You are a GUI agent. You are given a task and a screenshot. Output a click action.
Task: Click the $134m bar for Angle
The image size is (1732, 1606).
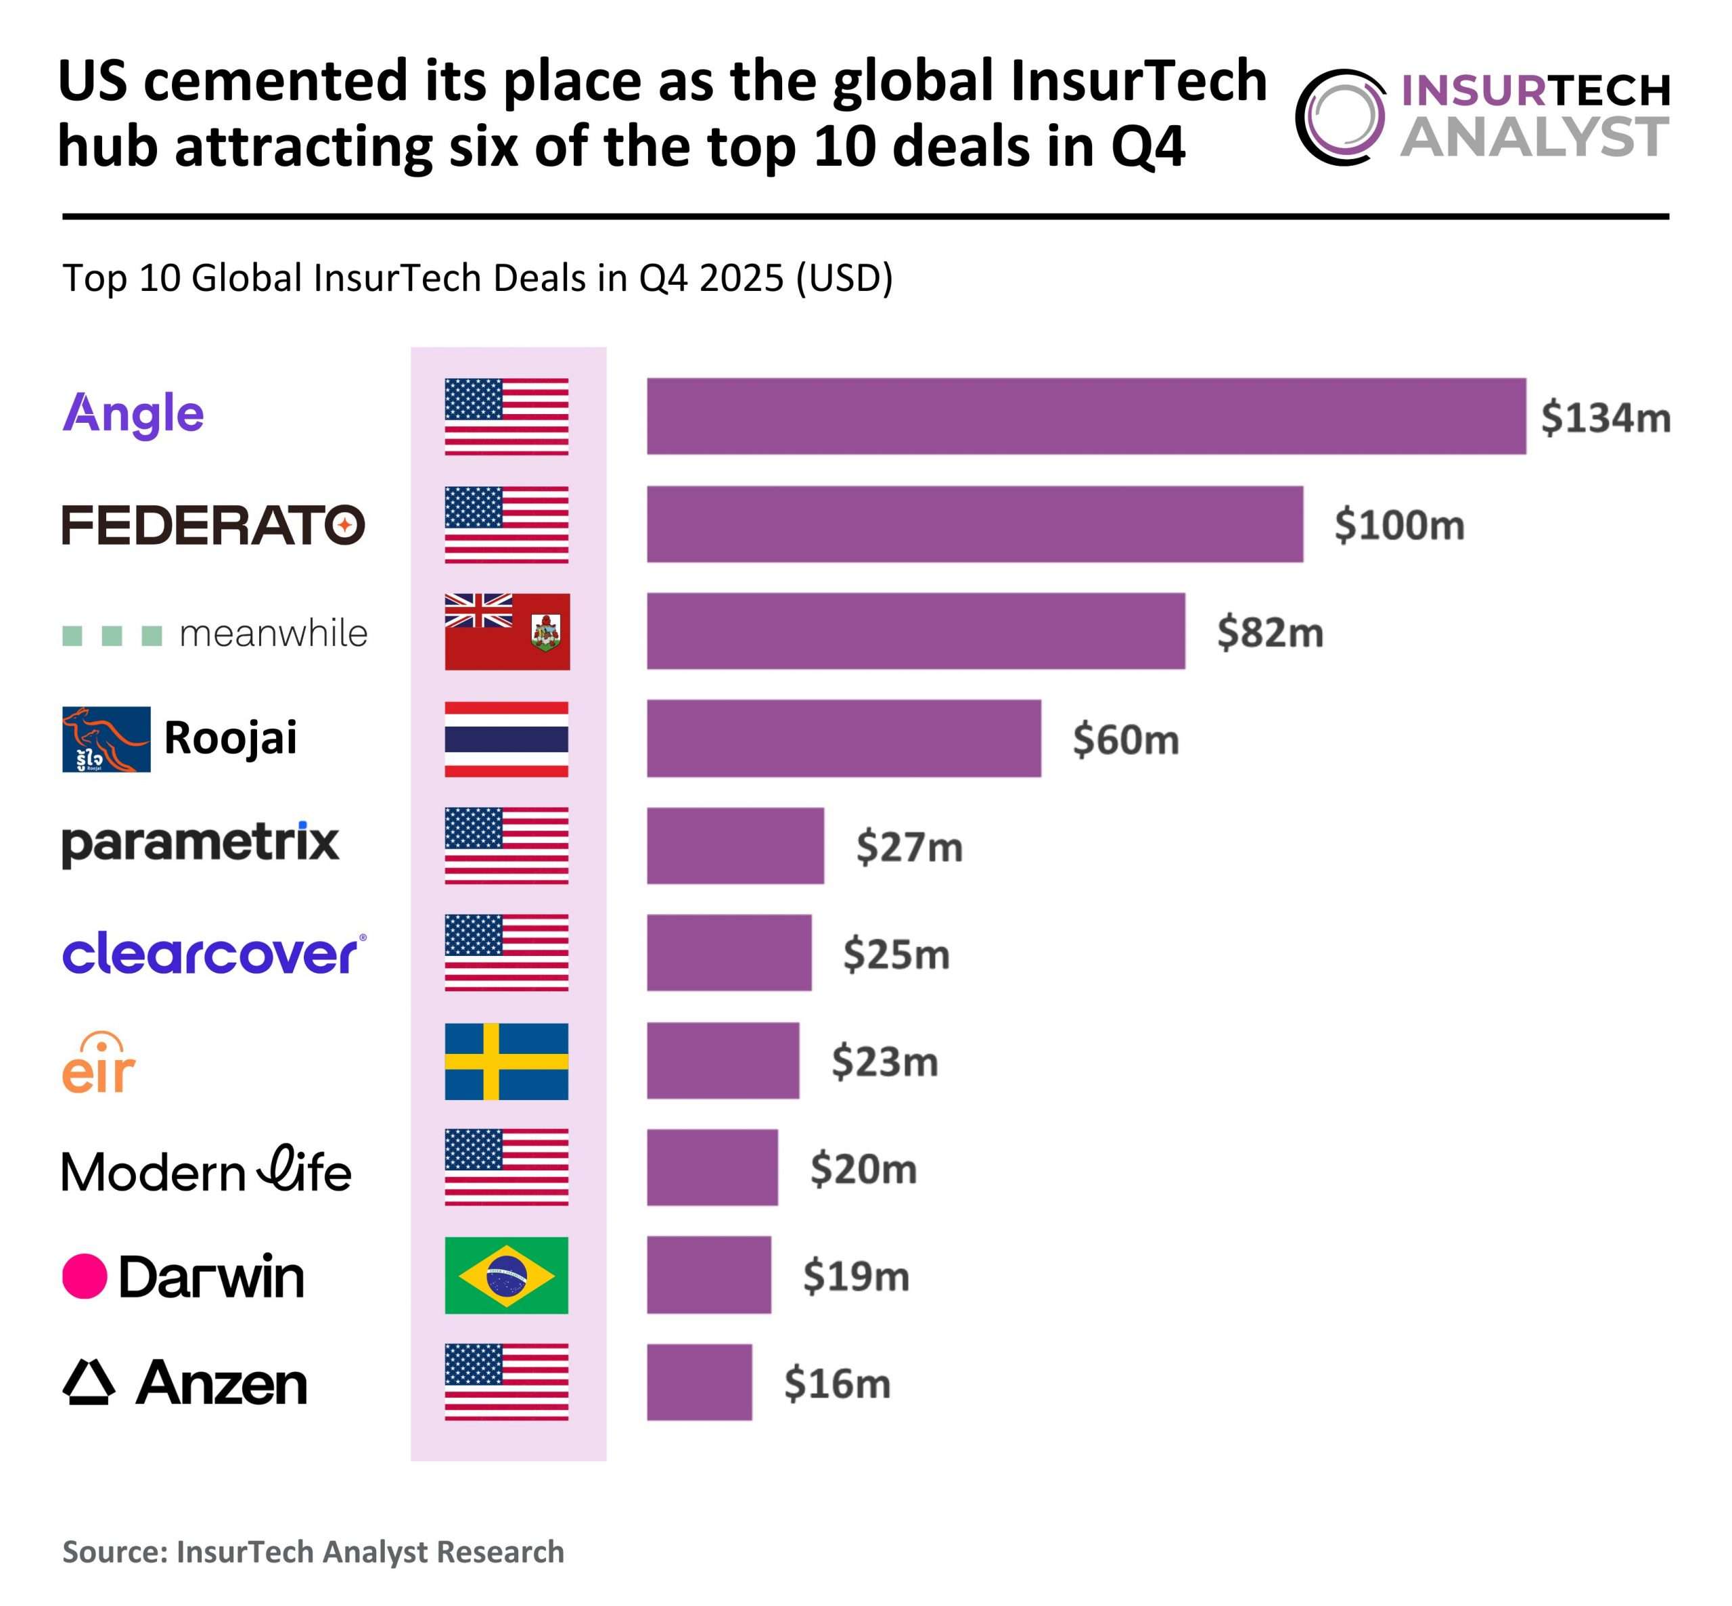point(1085,415)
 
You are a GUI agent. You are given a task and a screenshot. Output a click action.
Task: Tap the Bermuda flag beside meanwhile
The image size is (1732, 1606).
point(507,631)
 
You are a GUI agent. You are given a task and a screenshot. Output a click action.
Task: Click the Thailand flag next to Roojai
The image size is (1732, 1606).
point(507,739)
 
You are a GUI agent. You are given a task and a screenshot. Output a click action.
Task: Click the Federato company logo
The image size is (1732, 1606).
point(213,524)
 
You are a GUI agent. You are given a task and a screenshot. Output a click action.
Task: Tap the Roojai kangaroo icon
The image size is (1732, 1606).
point(106,739)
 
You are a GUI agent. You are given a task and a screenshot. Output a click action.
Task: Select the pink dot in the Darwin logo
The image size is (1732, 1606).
point(85,1276)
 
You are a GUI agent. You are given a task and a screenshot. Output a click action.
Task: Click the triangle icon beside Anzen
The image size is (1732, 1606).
point(89,1382)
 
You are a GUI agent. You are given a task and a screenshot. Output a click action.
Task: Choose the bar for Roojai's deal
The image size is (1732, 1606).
point(843,739)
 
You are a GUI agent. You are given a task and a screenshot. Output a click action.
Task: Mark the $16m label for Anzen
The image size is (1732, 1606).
point(837,1383)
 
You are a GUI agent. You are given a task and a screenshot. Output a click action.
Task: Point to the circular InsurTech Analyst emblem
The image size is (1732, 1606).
point(1340,116)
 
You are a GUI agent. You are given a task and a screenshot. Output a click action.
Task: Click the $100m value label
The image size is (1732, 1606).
point(1398,525)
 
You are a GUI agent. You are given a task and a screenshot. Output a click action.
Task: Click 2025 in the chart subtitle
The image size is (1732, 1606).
point(742,278)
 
